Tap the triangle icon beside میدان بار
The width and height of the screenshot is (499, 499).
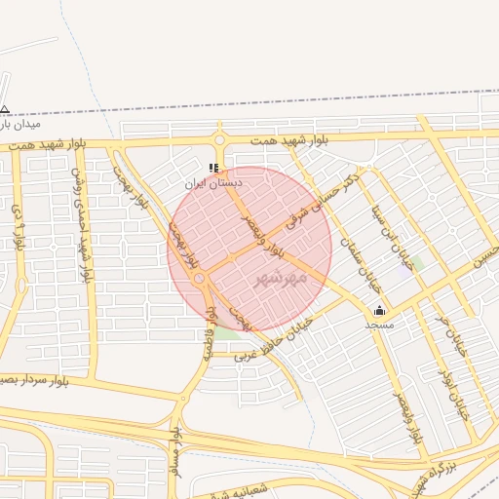5,109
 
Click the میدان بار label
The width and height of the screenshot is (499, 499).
19,124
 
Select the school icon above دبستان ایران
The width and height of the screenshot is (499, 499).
214,168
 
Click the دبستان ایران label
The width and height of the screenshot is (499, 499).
214,182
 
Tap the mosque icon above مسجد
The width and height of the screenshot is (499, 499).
379,311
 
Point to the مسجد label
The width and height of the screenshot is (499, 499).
379,324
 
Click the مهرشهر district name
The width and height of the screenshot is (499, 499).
280,279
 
